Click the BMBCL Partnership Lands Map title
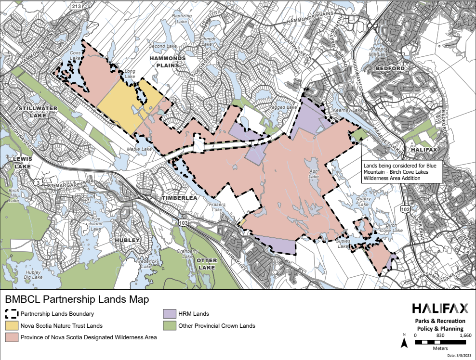(x=77, y=299)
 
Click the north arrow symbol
(x=405, y=342)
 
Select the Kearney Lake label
(x=350, y=110)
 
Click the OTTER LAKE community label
(x=207, y=264)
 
